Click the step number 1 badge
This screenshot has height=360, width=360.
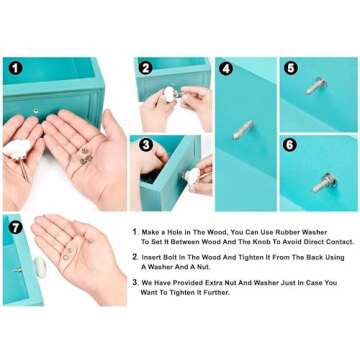[16, 68]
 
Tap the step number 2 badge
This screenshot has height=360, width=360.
[146, 68]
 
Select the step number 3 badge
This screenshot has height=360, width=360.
[146, 145]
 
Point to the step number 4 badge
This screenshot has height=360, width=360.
[226, 69]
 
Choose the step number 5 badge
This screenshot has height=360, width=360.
[291, 68]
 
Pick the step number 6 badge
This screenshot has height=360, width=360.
[290, 145]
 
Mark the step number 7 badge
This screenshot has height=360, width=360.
[16, 227]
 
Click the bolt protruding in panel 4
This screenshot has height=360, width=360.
[243, 130]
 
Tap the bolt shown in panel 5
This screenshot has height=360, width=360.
[315, 86]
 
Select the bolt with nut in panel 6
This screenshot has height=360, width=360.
[324, 183]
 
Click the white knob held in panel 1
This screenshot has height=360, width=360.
[17, 149]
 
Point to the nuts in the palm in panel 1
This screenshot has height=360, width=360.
[86, 156]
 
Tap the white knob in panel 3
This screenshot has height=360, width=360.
[193, 176]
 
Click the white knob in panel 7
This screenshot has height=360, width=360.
[40, 266]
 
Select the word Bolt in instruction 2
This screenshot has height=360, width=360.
[167, 258]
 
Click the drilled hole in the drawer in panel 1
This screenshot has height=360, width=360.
[36, 110]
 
